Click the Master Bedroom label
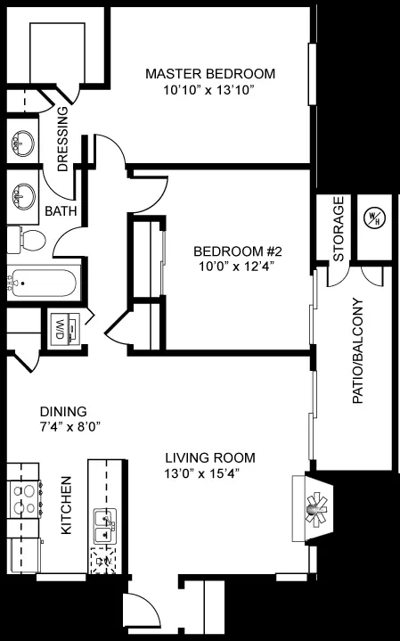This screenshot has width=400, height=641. point(210,74)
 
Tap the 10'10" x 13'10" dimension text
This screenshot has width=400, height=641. point(209,90)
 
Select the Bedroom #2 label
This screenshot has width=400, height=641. point(238,251)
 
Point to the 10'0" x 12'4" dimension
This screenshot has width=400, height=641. point(236,267)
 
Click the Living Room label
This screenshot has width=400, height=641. point(210,457)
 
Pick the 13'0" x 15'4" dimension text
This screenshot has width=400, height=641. point(202,473)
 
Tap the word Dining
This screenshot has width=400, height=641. point(63,411)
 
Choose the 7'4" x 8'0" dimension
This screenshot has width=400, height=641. point(70,427)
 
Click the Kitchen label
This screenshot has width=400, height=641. point(66,505)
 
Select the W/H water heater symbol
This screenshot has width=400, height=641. point(375,218)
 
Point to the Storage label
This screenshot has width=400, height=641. point(339,229)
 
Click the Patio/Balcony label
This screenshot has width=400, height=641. point(358,350)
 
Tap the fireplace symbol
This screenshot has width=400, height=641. point(313,508)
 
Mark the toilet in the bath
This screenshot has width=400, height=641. point(27,240)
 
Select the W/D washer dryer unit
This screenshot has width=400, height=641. point(64,330)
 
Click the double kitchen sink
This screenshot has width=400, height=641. point(105,527)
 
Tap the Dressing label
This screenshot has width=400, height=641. point(63,139)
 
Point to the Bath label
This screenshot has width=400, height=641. point(61,211)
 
